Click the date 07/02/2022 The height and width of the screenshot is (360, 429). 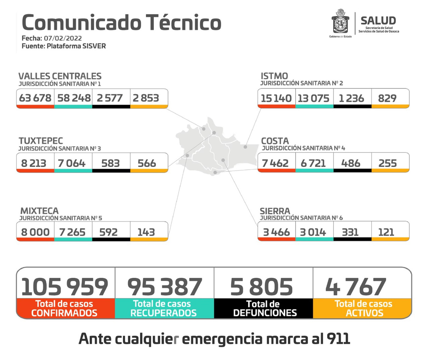(x=63, y=38)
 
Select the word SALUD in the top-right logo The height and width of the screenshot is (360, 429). (x=378, y=21)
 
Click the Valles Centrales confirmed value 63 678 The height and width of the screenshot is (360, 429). (x=35, y=98)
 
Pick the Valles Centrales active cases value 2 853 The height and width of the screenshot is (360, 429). (x=146, y=98)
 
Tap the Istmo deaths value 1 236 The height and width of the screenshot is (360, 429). (x=351, y=98)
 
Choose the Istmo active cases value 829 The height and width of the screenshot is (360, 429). (x=387, y=98)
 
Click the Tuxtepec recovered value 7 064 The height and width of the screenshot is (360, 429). (x=72, y=163)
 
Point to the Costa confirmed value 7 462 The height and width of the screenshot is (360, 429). (x=275, y=163)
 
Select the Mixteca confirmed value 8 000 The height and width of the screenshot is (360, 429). (x=35, y=232)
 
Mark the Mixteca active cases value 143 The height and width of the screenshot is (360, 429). (x=146, y=232)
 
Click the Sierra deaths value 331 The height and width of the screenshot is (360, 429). (x=350, y=232)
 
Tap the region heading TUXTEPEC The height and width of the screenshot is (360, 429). (x=41, y=141)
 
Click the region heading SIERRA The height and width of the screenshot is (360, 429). (x=275, y=211)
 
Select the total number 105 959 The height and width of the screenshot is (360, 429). (x=65, y=287)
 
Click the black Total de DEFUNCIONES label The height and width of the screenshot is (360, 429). (x=264, y=308)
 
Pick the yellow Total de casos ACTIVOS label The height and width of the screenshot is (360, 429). (x=363, y=308)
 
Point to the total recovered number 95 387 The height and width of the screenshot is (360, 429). (x=165, y=287)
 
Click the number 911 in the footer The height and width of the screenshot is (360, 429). (x=338, y=339)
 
